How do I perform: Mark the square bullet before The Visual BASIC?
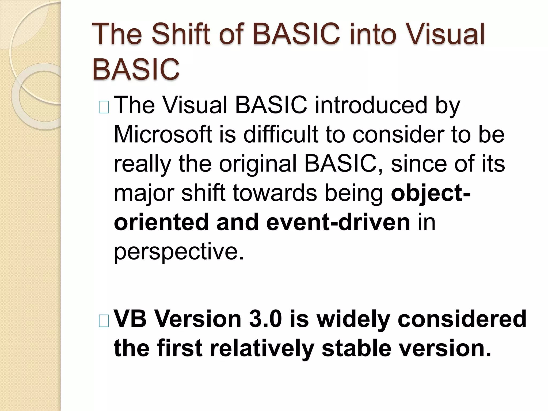click(x=104, y=108)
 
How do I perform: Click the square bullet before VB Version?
click(x=104, y=321)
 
